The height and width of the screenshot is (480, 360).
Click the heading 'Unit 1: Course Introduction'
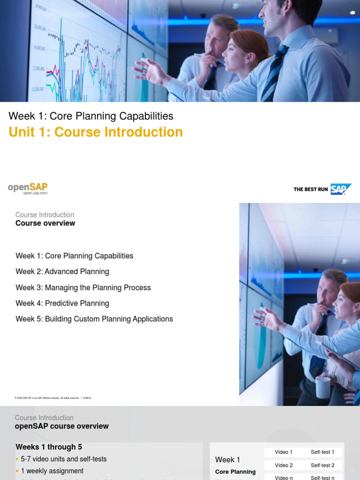tap(96, 132)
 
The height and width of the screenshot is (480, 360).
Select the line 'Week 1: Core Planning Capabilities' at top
tap(91, 116)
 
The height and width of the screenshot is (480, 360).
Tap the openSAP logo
tap(28, 188)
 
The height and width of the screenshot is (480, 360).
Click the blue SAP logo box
tap(340, 189)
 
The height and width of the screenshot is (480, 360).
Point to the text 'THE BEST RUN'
tap(310, 189)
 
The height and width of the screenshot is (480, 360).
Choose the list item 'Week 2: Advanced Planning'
tap(62, 272)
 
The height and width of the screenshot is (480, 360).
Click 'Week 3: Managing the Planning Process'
tap(83, 288)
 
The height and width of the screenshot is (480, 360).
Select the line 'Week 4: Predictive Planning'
tap(62, 303)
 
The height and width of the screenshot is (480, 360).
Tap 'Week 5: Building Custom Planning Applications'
tap(94, 319)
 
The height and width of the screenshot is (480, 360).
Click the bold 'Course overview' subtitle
tap(45, 224)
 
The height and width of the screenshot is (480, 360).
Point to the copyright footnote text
tap(53, 398)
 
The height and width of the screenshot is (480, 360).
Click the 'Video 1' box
tap(284, 452)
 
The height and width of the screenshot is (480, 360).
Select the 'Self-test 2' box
tap(322, 465)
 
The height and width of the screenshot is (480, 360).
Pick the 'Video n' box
tap(284, 477)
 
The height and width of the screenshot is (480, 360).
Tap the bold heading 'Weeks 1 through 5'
tap(49, 447)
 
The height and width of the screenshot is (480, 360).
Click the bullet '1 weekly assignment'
tap(52, 471)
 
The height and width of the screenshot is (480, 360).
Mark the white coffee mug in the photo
tap(323, 387)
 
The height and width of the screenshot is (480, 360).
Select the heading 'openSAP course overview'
tap(61, 427)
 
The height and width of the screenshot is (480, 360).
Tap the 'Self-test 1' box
tap(322, 452)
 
